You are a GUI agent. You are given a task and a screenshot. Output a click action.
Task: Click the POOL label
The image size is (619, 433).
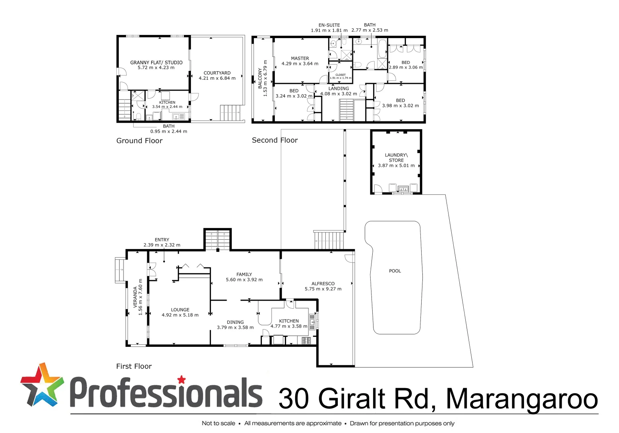tap(395, 271)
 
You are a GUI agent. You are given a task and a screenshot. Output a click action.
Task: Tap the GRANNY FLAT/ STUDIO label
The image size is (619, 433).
tap(156, 63)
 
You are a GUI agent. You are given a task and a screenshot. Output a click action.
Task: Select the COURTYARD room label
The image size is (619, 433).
tap(217, 73)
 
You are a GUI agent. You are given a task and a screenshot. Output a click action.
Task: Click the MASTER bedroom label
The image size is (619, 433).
tap(300, 59)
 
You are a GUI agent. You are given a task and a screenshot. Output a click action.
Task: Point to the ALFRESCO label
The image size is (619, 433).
tap(323, 283)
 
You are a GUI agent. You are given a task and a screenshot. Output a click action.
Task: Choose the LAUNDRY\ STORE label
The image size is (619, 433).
tap(396, 158)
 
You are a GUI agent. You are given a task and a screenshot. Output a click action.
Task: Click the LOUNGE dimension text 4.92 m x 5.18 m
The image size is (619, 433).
tap(180, 315)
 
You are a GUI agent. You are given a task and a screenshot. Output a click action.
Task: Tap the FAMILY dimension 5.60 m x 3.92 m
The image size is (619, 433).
tap(244, 280)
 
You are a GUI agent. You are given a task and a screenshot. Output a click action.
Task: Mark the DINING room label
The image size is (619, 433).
tap(235, 322)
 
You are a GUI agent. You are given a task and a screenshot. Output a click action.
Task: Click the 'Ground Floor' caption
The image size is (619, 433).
tap(139, 141)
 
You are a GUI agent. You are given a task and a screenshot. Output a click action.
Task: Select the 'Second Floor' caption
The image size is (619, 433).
tap(275, 140)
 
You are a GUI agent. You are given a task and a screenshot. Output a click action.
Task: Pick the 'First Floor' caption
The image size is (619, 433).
tap(134, 366)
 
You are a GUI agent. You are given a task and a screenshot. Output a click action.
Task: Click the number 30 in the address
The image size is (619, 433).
tap(294, 399)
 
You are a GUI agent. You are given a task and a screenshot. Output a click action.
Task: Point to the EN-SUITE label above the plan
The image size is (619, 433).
tap(329, 25)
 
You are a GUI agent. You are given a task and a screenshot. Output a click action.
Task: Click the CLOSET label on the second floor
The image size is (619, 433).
tap(340, 75)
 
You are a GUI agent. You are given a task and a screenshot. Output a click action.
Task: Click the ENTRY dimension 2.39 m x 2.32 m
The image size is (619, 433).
tap(162, 245)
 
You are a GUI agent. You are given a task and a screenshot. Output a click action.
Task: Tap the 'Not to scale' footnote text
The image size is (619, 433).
tap(218, 423)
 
